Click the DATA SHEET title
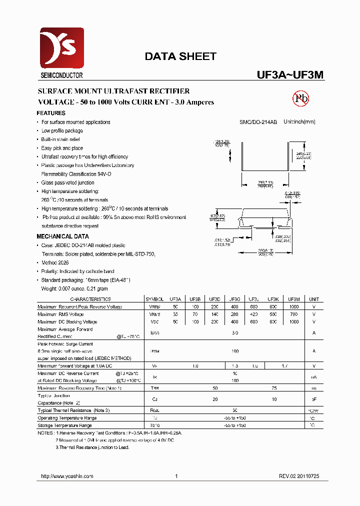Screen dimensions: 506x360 (x=180, y=56)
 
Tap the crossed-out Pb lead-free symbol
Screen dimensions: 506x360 (x=300, y=98)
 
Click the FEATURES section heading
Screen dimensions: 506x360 (x=51, y=113)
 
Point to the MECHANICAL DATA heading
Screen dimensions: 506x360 (x=63, y=236)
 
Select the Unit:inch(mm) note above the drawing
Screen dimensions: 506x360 (x=299, y=122)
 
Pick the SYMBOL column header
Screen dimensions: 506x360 (x=154, y=299)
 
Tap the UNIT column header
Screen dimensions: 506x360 (x=314, y=299)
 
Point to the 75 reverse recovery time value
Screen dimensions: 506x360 (x=274, y=388)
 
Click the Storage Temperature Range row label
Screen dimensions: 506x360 (x=64, y=425)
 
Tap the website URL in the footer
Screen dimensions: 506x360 (x=67, y=476)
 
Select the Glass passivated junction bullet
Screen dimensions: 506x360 (x=67, y=183)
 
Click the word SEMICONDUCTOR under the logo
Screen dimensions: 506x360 (x=58, y=76)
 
